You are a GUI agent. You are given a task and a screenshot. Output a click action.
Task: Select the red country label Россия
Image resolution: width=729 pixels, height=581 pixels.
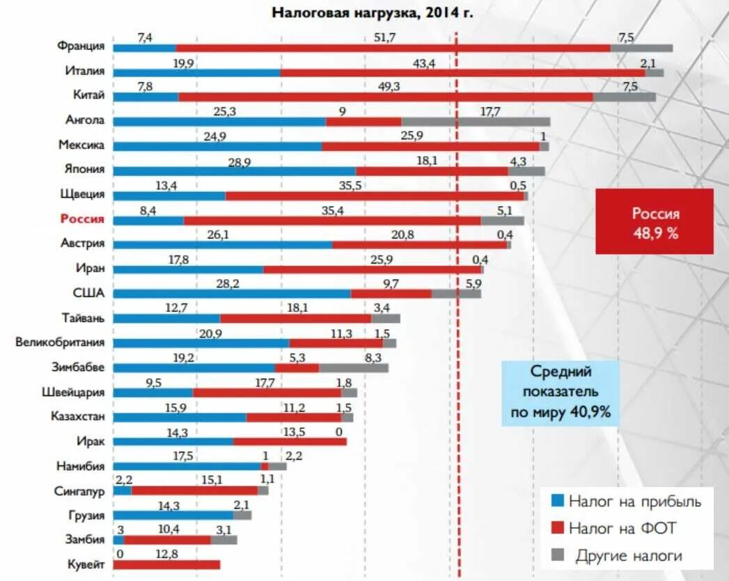coord(82,219)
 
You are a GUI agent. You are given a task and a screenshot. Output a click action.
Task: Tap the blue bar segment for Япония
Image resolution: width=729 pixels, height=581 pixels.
coord(234,171)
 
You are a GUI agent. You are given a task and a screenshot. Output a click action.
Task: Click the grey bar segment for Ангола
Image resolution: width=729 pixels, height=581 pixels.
coord(475,122)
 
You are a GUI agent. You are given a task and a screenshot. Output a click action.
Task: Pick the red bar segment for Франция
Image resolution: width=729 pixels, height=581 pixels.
coord(393,48)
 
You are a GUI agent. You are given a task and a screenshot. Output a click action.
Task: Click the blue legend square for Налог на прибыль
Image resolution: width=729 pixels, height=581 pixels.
coord(556,500)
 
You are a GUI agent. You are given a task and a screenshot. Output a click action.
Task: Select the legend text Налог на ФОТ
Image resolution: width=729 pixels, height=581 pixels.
coord(622,528)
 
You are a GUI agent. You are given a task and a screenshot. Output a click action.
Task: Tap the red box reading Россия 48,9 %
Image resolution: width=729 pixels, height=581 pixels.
coord(654,221)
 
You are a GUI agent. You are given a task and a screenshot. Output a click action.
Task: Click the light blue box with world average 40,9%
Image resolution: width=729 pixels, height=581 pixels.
coord(560,392)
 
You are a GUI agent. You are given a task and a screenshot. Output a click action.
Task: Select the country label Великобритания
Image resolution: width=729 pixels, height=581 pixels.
coord(61,342)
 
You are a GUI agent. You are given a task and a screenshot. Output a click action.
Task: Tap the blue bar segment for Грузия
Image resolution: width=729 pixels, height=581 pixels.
coord(173,516)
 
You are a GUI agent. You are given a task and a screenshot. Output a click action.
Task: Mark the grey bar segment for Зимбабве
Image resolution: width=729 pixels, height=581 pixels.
coord(353,367)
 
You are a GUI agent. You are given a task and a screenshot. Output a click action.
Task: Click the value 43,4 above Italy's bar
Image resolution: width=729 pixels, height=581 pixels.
coord(423,63)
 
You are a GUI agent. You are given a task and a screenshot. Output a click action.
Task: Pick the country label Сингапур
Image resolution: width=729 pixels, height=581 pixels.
coord(79,491)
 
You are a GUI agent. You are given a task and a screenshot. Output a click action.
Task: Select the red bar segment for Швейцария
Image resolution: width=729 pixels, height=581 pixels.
coord(267,392)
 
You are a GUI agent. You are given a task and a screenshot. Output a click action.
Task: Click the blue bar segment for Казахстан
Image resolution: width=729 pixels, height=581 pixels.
coord(179,417)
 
